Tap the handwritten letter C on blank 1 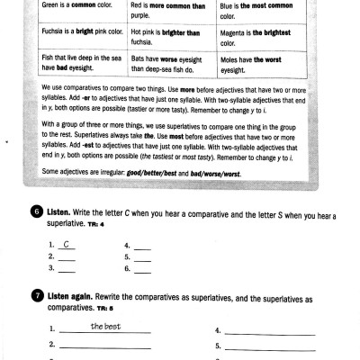point(67,243)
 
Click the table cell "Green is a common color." point(77,6)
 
